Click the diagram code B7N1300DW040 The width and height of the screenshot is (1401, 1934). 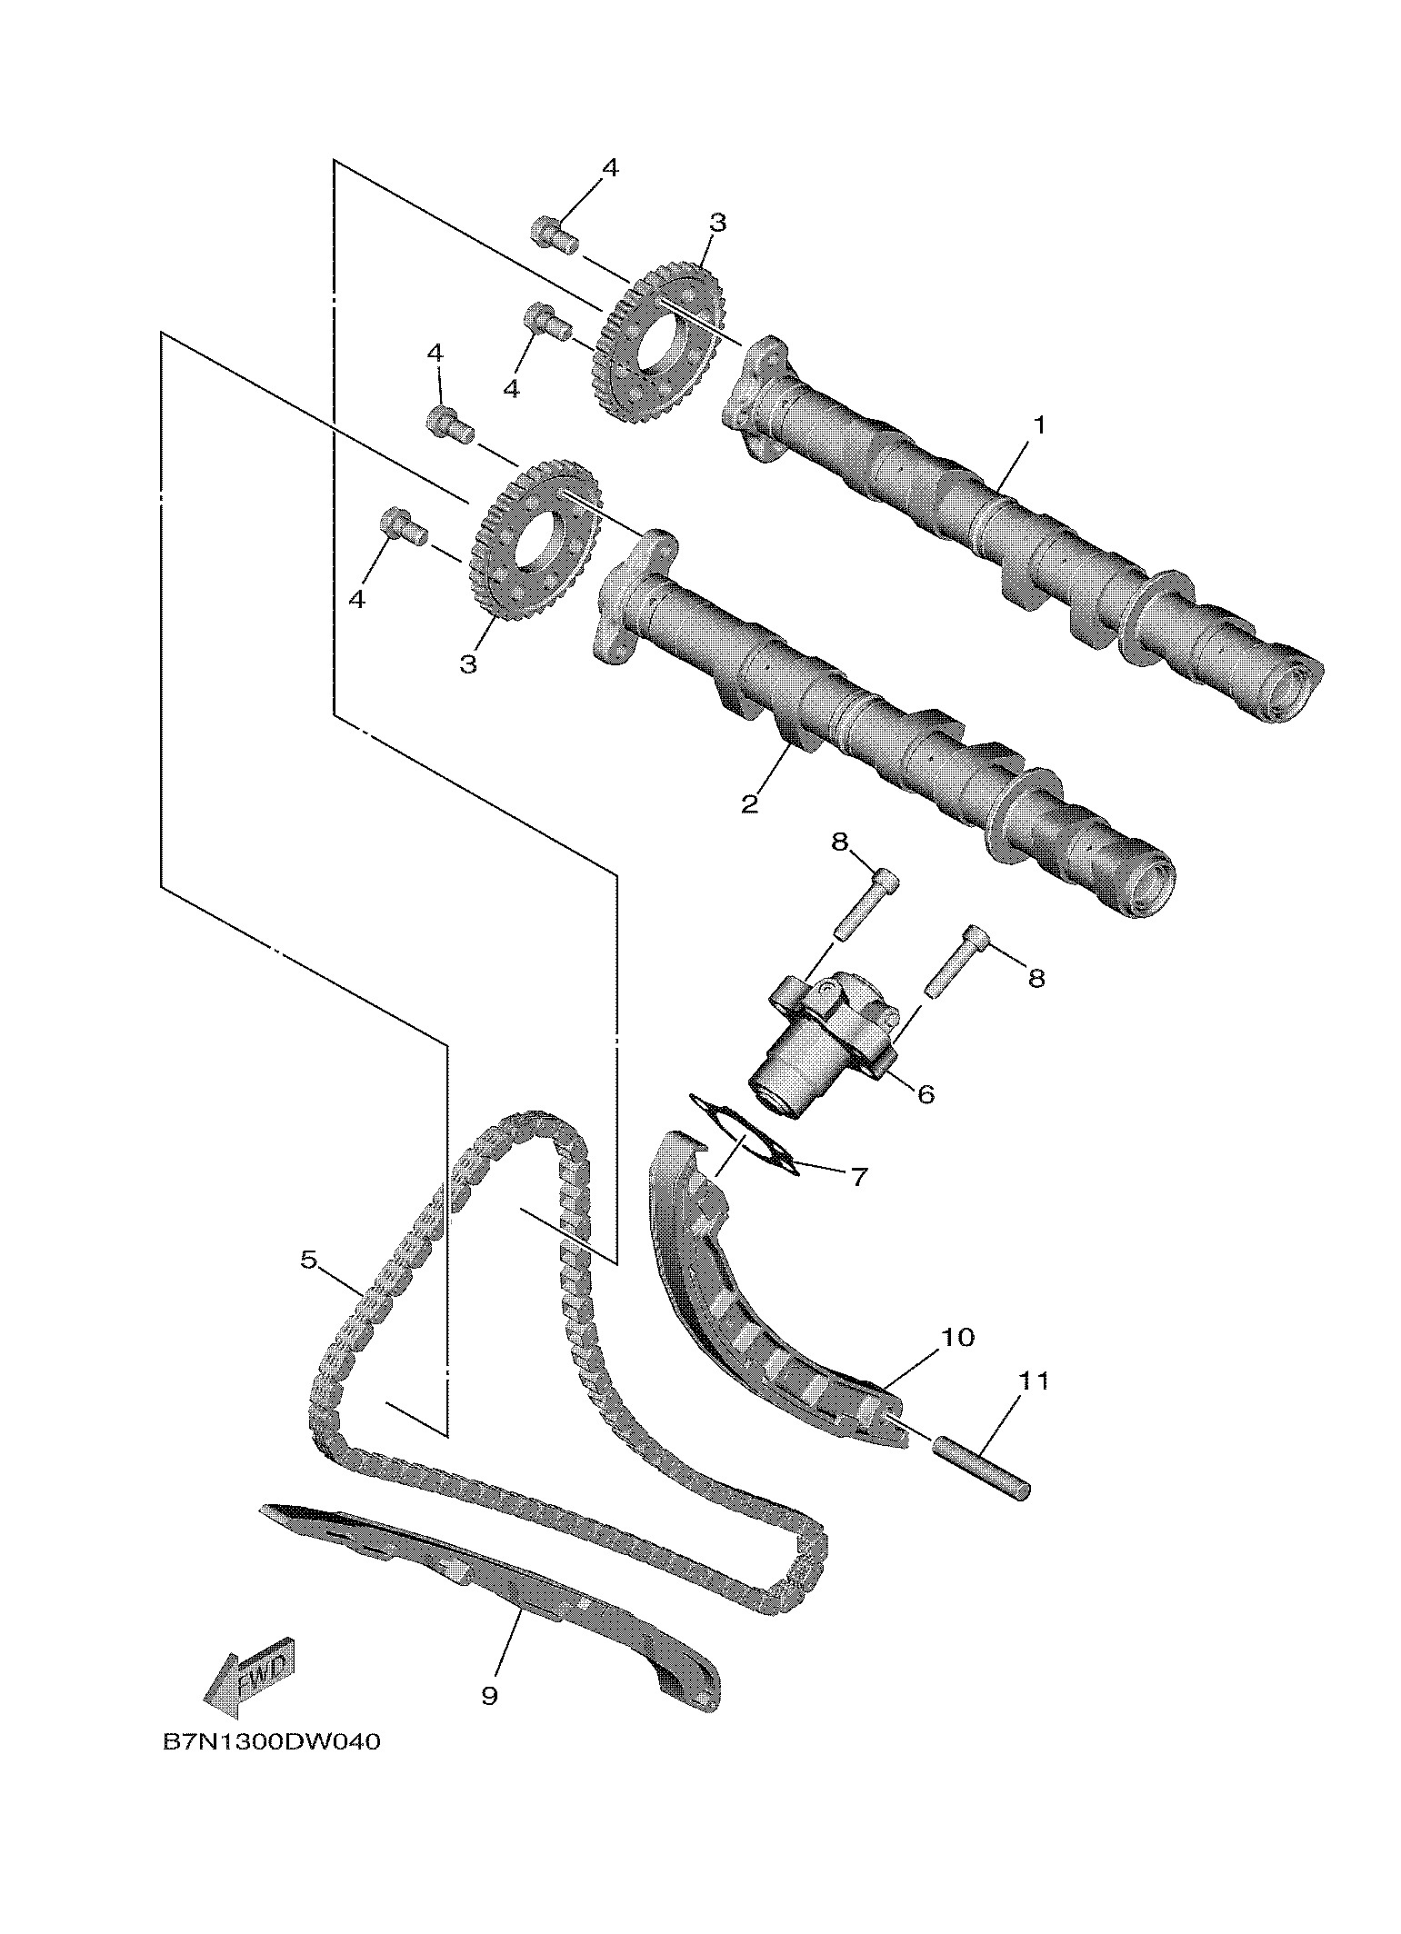pyautogui.click(x=271, y=1768)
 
